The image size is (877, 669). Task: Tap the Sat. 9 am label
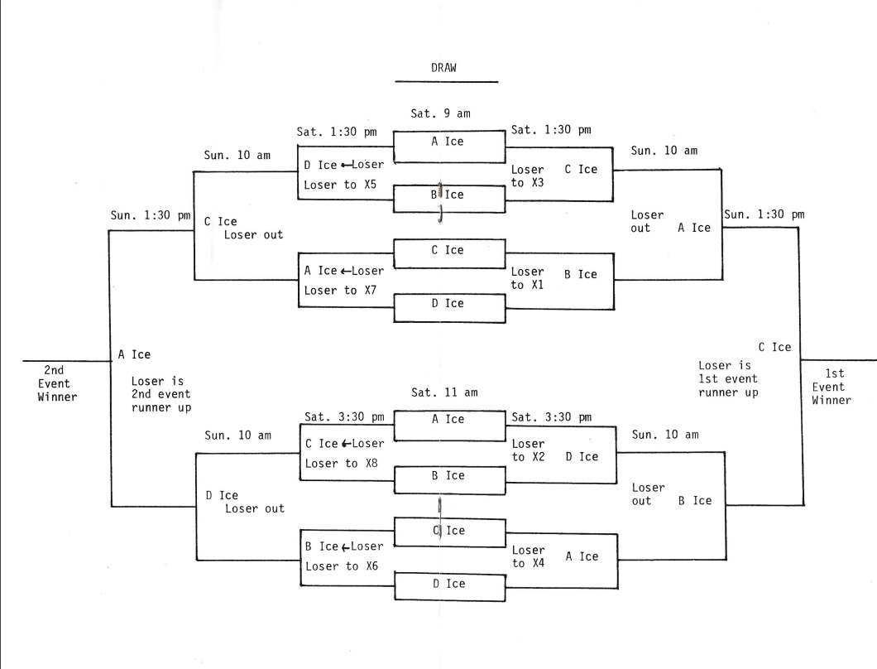pos(442,113)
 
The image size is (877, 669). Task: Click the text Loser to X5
pos(339,185)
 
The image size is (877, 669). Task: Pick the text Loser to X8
pos(339,464)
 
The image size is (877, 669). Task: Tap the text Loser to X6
pos(339,566)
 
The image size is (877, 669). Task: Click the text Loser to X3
pos(528,176)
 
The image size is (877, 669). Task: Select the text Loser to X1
pos(528,278)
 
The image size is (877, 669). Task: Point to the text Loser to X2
pos(528,450)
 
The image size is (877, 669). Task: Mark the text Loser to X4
pos(528,556)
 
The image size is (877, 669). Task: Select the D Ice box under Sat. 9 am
pos(448,303)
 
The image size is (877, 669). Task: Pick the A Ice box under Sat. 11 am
pos(448,419)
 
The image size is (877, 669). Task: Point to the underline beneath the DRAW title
pos(446,82)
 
